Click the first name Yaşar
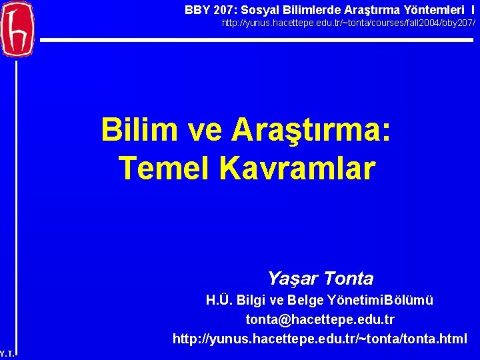(291, 278)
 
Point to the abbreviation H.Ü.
(220, 301)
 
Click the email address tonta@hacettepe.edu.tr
(320, 320)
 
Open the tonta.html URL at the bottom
(320, 339)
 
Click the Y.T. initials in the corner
(7, 353)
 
